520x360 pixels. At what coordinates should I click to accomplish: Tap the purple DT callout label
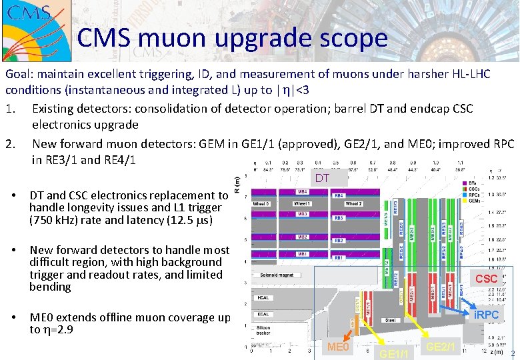(323, 178)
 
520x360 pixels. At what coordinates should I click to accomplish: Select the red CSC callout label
(486, 278)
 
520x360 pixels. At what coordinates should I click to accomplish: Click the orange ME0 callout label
(338, 347)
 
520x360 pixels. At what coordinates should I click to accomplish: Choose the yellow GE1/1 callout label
(392, 353)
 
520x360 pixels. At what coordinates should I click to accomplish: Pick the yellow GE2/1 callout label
(441, 347)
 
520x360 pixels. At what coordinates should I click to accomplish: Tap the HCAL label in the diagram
(263, 298)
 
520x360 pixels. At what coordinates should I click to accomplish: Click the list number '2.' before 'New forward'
(11, 143)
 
